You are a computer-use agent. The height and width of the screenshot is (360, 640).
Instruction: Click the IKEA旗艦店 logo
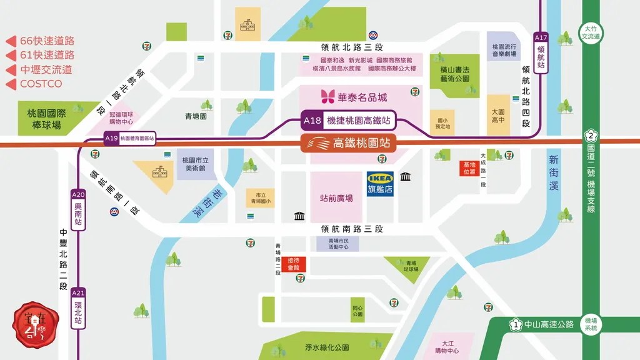(380, 184)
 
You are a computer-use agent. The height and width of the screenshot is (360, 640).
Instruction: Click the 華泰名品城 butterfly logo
(328, 97)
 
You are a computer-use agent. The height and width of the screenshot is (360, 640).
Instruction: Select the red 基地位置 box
(469, 168)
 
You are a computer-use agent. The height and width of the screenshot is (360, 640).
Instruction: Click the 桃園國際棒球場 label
(44, 119)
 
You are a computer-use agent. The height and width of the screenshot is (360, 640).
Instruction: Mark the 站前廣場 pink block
(336, 197)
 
